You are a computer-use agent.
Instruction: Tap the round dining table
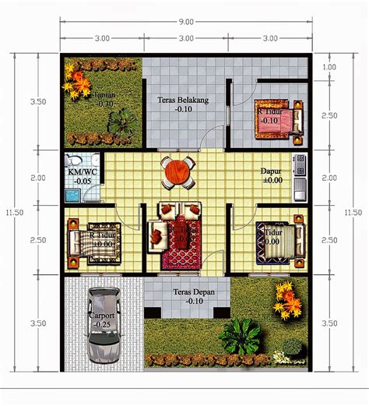point(178,170)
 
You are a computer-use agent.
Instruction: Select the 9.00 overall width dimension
point(185,22)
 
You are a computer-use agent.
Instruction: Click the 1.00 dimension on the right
point(329,67)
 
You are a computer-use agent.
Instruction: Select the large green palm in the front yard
point(239,336)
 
